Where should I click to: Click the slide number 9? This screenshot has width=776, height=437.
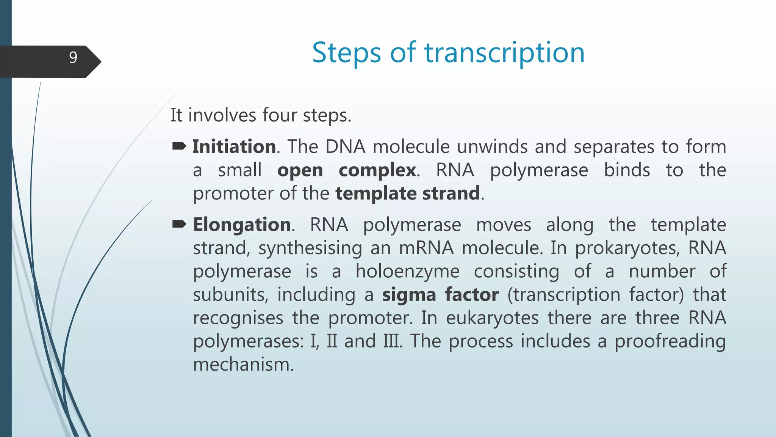click(73, 58)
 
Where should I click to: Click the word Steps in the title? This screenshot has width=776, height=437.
click(346, 53)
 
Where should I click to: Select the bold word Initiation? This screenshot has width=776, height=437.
click(234, 146)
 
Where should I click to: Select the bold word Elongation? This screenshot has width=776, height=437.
click(242, 225)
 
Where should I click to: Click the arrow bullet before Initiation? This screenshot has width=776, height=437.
click(179, 146)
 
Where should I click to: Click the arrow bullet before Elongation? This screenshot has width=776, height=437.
click(179, 224)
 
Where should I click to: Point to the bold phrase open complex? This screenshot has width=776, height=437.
click(346, 170)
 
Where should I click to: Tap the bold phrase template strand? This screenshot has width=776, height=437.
click(408, 193)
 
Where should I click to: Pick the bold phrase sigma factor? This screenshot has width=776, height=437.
click(440, 295)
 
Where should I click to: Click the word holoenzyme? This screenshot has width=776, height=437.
click(407, 272)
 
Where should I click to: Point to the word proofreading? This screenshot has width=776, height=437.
click(670, 341)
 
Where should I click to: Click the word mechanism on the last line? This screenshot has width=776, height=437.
click(243, 365)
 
